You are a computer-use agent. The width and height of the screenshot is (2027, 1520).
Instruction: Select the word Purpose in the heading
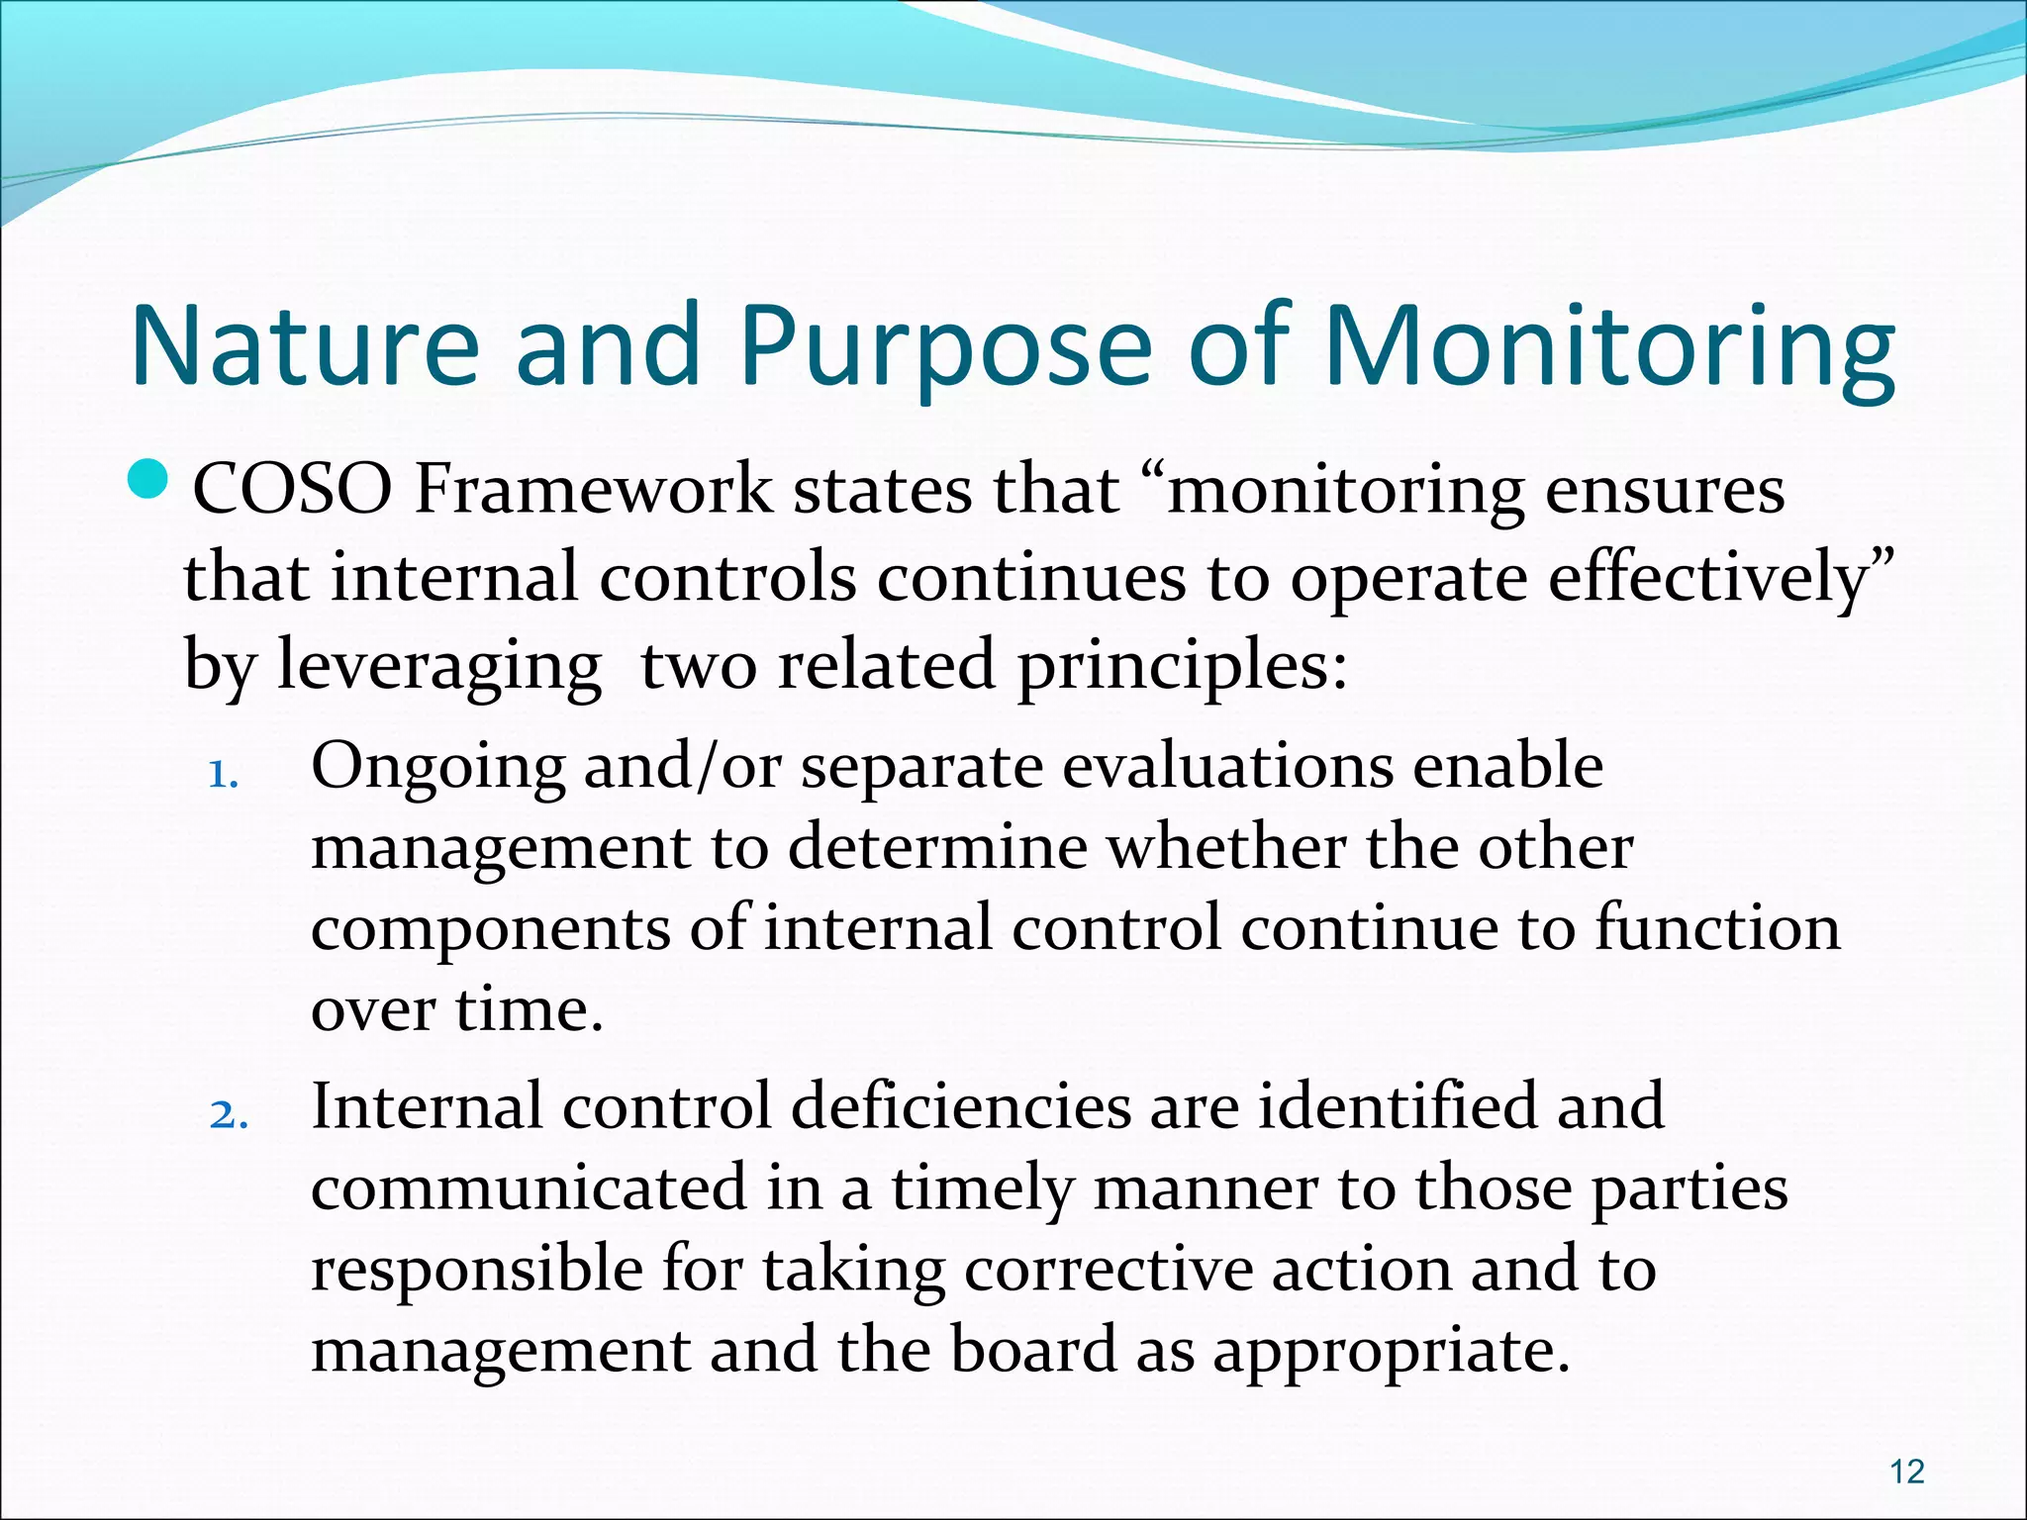pos(945,345)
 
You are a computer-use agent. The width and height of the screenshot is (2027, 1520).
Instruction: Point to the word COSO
pos(292,490)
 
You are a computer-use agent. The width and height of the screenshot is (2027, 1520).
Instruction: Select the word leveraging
pos(438,666)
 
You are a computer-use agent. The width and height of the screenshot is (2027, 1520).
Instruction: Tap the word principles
pos(1182,666)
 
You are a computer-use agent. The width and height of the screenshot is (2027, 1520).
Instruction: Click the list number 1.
pos(224,775)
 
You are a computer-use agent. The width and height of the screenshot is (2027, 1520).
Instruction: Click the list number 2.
pos(228,1115)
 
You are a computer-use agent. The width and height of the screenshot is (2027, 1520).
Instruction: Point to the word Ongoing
pos(437,767)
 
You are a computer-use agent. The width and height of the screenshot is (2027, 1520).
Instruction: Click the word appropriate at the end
pos(1391,1352)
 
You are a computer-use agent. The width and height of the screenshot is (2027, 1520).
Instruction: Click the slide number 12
pos(1907,1472)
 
